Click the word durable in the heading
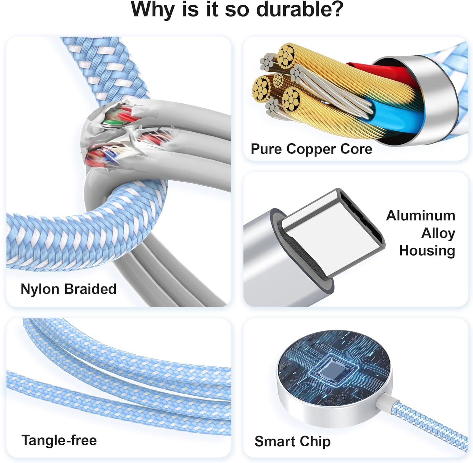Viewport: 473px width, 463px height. tap(299, 9)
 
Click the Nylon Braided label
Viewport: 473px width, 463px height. tap(68, 289)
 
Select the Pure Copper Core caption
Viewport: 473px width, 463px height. tap(311, 149)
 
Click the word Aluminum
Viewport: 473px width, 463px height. tap(421, 216)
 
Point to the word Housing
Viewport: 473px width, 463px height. tap(427, 251)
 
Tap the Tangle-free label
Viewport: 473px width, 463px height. tap(59, 440)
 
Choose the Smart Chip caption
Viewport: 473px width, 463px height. tap(293, 442)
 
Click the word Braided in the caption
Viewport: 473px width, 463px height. tap(90, 289)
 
